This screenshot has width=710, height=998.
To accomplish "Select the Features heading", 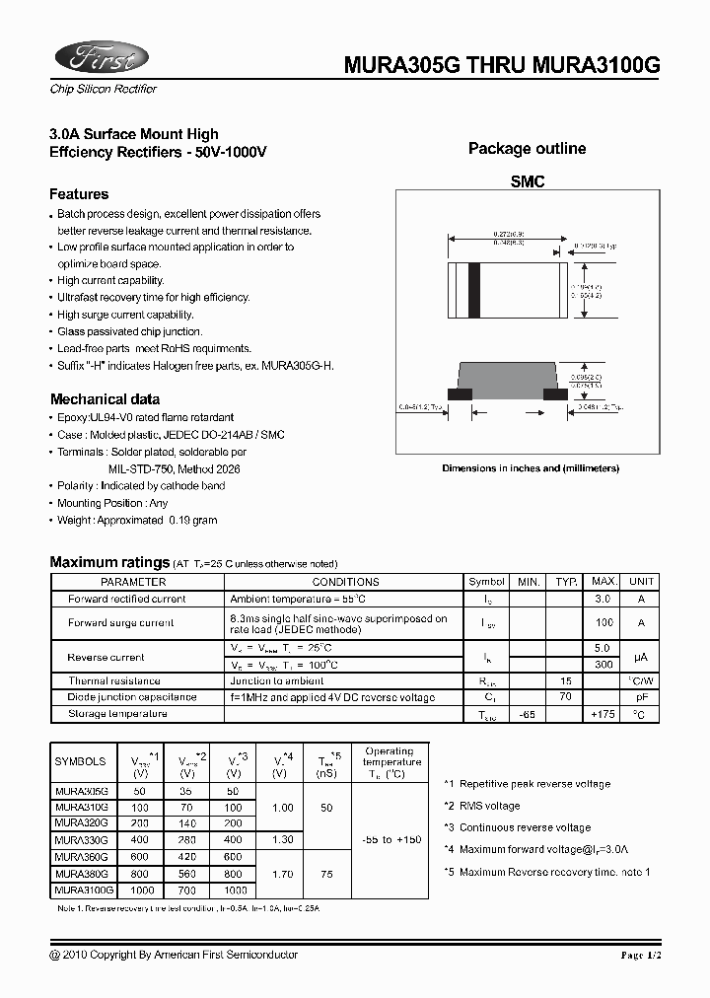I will (x=79, y=194).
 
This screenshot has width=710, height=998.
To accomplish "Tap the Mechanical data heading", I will (x=105, y=399).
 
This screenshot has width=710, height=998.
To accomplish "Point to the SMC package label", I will (x=528, y=182).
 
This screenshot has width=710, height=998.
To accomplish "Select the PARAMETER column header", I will (x=133, y=582).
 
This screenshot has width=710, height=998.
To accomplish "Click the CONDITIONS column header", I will (x=345, y=582).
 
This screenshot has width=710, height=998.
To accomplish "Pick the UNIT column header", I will (x=641, y=582).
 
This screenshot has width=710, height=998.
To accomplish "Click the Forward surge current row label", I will (x=120, y=622).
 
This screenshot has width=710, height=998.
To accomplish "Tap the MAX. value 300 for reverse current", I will (x=603, y=665).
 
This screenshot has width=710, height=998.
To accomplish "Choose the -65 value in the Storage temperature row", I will (x=529, y=713).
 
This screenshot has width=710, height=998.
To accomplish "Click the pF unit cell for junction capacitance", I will (x=641, y=697).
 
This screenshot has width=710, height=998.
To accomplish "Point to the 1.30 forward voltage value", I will (x=282, y=839).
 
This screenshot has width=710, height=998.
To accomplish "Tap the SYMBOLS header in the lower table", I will (x=80, y=761).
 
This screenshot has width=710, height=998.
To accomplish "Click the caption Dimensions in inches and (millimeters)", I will (x=531, y=468).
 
